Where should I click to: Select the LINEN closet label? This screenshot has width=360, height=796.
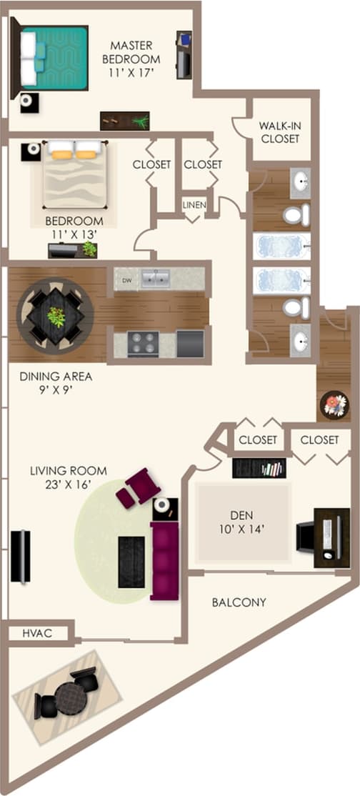pyautogui.click(x=194, y=205)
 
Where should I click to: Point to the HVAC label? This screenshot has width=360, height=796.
pyautogui.click(x=35, y=632)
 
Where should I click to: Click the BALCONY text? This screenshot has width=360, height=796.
pyautogui.click(x=239, y=602)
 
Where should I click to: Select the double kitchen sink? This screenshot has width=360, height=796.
pyautogui.click(x=155, y=278)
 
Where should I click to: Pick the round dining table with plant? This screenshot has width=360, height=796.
pyautogui.click(x=55, y=314)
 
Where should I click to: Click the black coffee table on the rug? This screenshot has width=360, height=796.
pyautogui.click(x=131, y=561)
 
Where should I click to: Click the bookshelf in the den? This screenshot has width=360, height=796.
pyautogui.click(x=259, y=468)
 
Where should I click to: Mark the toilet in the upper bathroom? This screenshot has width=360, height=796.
pyautogui.click(x=296, y=214)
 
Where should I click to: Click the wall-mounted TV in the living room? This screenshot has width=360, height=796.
pyautogui.click(x=20, y=555)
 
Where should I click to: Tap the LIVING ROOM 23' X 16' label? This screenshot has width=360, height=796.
pyautogui.click(x=69, y=477)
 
